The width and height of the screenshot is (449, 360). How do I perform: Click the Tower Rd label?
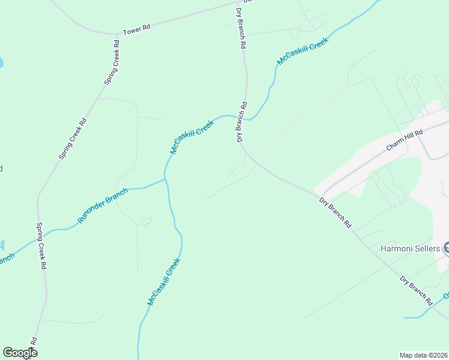(x=136, y=31)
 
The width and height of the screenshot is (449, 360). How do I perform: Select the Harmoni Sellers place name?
(x=410, y=248)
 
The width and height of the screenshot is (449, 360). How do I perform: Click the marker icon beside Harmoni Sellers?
(x=445, y=248)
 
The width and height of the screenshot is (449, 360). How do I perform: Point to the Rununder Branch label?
(x=103, y=206)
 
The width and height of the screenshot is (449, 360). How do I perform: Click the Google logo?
(x=20, y=353)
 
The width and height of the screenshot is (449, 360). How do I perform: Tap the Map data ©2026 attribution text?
(x=423, y=355)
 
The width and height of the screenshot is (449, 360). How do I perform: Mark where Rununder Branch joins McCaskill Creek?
(x=165, y=178)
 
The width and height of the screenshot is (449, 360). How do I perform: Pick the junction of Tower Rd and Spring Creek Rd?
(x=115, y=34)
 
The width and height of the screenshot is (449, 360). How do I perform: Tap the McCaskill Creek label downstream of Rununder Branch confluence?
(x=164, y=282)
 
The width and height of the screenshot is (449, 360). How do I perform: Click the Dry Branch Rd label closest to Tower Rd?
(x=240, y=24)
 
